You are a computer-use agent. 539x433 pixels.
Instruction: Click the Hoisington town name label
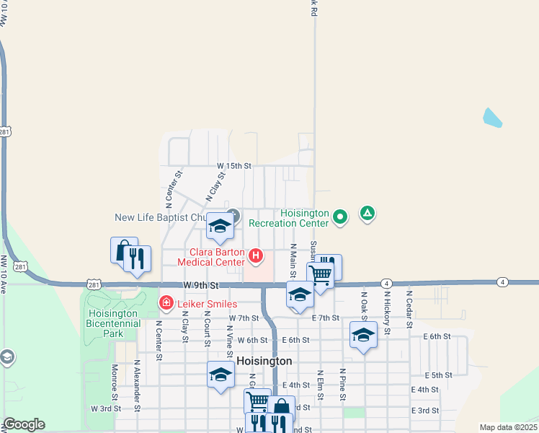point(264,361)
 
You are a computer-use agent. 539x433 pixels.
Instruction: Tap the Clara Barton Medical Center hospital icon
point(255,255)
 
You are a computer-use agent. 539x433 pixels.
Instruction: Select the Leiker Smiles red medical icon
point(166,302)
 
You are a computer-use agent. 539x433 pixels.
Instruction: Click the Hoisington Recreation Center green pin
point(342,215)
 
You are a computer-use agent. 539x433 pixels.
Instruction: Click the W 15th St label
point(234,165)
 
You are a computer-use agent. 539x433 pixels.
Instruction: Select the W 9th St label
point(200,286)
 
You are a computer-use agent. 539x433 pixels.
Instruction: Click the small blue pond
point(492,118)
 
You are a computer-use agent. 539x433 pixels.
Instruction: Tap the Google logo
point(24,424)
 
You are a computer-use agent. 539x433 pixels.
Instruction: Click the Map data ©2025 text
point(507,427)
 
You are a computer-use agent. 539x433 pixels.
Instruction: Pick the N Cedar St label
point(409,308)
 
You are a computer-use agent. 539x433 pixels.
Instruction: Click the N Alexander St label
point(136,382)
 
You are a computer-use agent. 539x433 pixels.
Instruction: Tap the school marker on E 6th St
point(364,335)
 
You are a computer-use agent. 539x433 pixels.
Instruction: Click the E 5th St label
point(438,375)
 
